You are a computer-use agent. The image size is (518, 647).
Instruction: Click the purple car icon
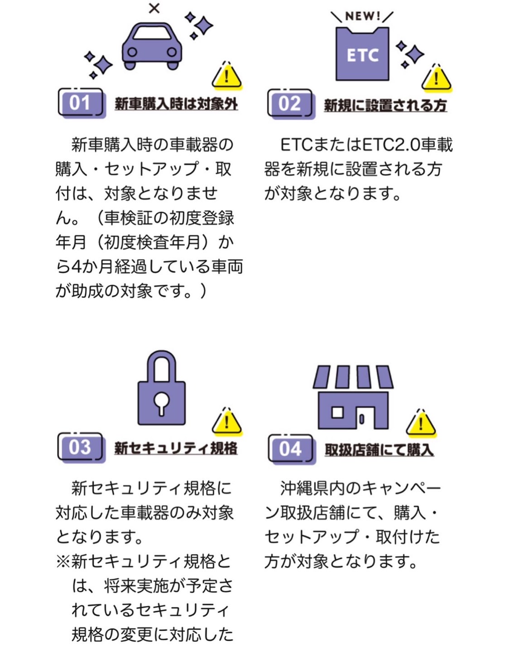152,46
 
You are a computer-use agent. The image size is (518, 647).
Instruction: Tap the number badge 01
82,104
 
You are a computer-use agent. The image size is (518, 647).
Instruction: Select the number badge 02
291,104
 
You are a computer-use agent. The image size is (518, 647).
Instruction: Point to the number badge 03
81,447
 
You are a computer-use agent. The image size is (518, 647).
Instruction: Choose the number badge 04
292,449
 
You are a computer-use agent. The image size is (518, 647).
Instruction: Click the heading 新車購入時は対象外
176,104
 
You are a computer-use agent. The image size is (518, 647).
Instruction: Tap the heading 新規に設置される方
385,105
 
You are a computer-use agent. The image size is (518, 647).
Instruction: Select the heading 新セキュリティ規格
176,448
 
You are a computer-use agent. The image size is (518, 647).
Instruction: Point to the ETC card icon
362,54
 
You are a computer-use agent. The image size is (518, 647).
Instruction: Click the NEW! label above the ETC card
362,16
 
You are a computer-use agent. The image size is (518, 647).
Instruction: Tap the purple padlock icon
161,388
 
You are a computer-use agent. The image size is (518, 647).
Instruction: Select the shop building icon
353,397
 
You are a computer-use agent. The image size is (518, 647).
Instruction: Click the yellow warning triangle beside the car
227,75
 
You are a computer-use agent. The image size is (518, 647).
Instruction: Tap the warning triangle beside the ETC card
436,77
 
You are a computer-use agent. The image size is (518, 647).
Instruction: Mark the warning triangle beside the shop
421,423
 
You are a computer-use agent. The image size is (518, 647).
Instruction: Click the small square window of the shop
337,412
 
